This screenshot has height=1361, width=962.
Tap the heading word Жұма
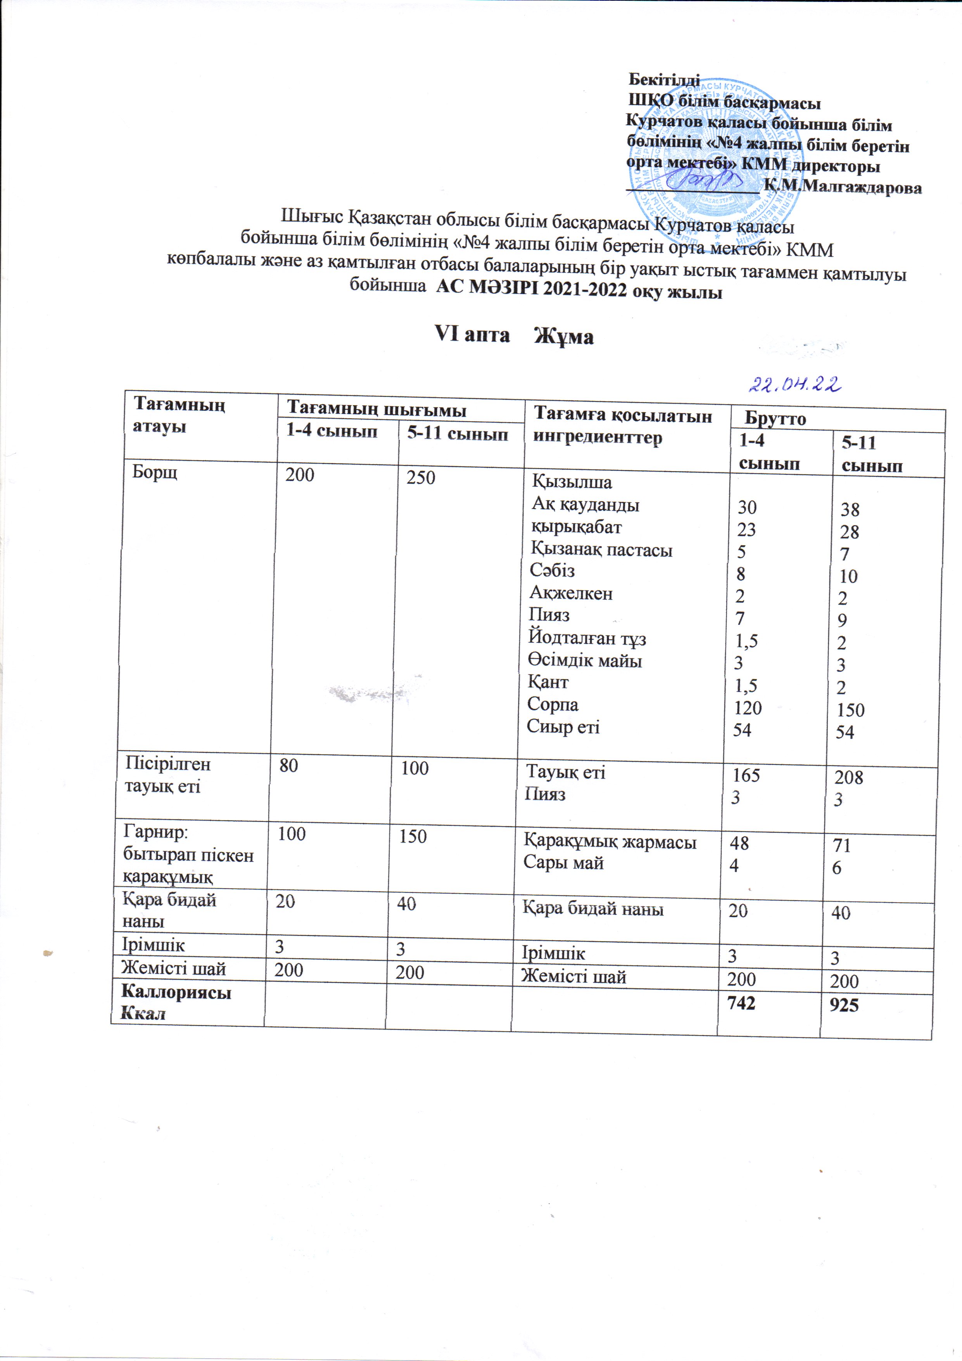tap(564, 337)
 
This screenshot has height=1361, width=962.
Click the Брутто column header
tap(775, 419)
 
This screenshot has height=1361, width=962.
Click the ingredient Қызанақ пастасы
tap(602, 550)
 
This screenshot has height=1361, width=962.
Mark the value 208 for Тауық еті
tap(849, 777)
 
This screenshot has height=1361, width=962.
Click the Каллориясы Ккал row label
tap(176, 1002)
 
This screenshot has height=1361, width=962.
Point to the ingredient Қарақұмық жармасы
tap(609, 842)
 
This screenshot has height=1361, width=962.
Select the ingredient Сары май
tap(563, 863)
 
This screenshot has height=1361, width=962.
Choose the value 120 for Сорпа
tap(748, 708)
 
